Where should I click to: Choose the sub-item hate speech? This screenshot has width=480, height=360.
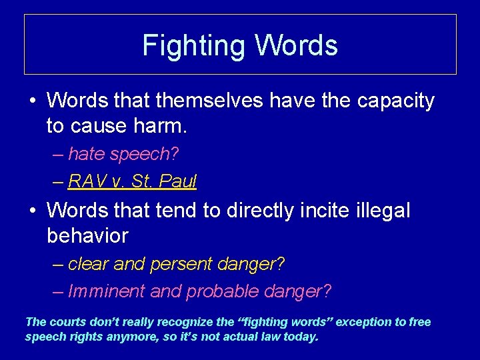pos(123,154)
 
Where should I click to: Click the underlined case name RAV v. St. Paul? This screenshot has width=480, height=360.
pos(132,181)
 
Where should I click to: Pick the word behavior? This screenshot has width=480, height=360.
pos(87,235)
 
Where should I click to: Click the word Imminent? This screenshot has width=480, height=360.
pos(107,291)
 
